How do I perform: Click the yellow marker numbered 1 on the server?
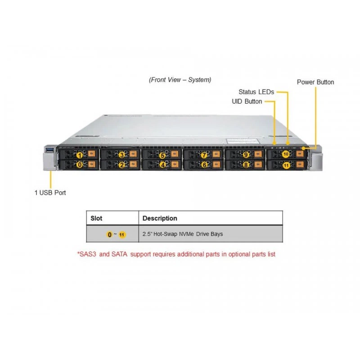[80, 156]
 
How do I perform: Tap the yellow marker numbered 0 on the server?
[80, 165]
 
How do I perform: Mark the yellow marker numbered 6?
[204, 165]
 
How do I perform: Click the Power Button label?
[315, 82]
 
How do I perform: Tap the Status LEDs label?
[256, 92]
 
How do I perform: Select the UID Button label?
[247, 102]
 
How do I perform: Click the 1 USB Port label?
[50, 193]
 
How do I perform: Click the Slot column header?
[96, 218]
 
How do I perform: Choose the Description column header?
[160, 218]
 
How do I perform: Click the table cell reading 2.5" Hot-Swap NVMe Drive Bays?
[183, 234]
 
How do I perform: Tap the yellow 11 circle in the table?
[122, 234]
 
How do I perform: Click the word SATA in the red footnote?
[119, 254]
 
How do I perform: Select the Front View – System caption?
[180, 80]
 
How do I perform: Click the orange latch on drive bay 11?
[300, 164]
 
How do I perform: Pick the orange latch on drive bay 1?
[91, 153]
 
